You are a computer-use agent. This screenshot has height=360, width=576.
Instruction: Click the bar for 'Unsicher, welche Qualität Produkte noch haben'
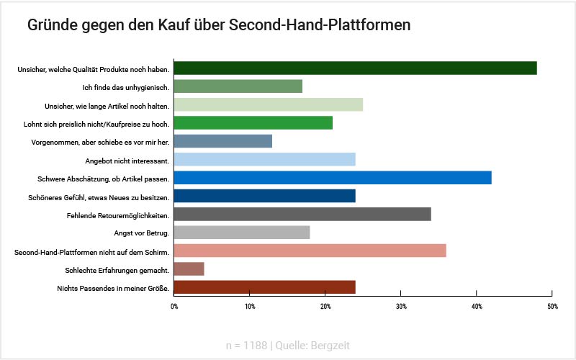pyautogui.click(x=356, y=68)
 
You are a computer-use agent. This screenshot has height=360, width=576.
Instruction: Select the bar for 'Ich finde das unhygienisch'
pyautogui.click(x=238, y=86)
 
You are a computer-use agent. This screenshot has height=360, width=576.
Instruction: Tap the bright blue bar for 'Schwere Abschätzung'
pyautogui.click(x=333, y=178)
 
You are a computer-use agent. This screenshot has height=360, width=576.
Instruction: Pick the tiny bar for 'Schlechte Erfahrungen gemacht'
pyautogui.click(x=189, y=269)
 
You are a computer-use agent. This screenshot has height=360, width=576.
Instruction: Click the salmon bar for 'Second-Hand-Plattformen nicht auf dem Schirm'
pyautogui.click(x=310, y=251)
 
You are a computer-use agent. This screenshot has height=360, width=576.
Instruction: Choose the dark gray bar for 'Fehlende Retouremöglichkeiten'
pyautogui.click(x=302, y=215)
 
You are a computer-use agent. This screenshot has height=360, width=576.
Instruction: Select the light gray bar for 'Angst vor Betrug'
pyautogui.click(x=242, y=233)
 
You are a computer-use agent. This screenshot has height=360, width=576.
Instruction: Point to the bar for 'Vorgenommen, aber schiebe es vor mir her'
pyautogui.click(x=223, y=141)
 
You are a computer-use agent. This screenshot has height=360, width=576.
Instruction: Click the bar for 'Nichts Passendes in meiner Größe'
pyautogui.click(x=265, y=287)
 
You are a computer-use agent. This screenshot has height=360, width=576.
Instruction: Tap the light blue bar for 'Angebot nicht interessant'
pyautogui.click(x=265, y=160)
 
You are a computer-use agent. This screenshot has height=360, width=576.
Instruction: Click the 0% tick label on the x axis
pyautogui.click(x=174, y=307)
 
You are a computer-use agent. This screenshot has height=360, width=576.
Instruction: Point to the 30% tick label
pyautogui.click(x=401, y=307)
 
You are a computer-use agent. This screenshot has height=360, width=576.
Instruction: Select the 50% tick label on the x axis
pyautogui.click(x=552, y=307)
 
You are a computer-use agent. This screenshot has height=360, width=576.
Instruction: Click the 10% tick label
pyautogui.click(x=250, y=307)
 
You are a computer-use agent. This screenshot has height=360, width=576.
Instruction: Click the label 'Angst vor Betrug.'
pyautogui.click(x=141, y=233)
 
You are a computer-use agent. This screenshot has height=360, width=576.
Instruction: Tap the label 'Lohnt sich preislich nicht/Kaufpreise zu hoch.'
pyautogui.click(x=96, y=124)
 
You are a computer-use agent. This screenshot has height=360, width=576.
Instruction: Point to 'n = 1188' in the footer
pyautogui.click(x=246, y=346)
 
